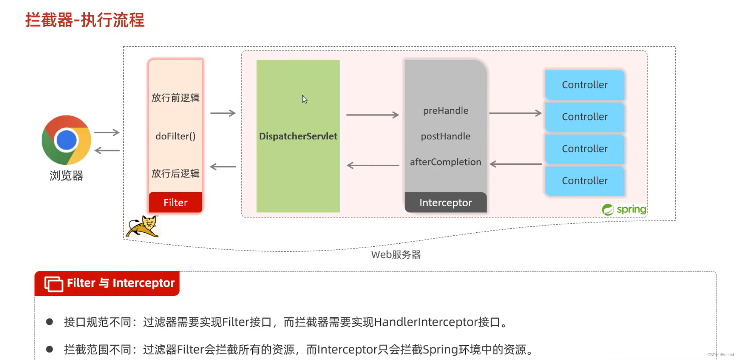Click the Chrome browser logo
pyautogui.click(x=66, y=140)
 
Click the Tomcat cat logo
pyautogui.click(x=142, y=226)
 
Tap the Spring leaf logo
pyautogui.click(x=608, y=209)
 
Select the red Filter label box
pyautogui.click(x=175, y=202)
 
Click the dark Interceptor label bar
pyautogui.click(x=445, y=202)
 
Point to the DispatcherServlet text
pyautogui.click(x=298, y=136)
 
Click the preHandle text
pyautogui.click(x=445, y=111)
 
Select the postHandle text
pyautogui.click(x=445, y=136)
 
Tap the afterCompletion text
pyautogui.click(x=445, y=162)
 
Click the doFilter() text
pyautogui.click(x=175, y=136)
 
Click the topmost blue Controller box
pyautogui.click(x=584, y=85)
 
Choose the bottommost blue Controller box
pyautogui.click(x=584, y=181)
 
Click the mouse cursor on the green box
pyautogui.click(x=304, y=99)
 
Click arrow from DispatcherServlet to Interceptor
pyautogui.click(x=372, y=115)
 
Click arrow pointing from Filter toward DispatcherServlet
pyautogui.click(x=223, y=113)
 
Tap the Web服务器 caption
pyautogui.click(x=395, y=255)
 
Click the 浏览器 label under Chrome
pyautogui.click(x=66, y=176)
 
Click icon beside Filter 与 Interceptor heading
pyautogui.click(x=54, y=283)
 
